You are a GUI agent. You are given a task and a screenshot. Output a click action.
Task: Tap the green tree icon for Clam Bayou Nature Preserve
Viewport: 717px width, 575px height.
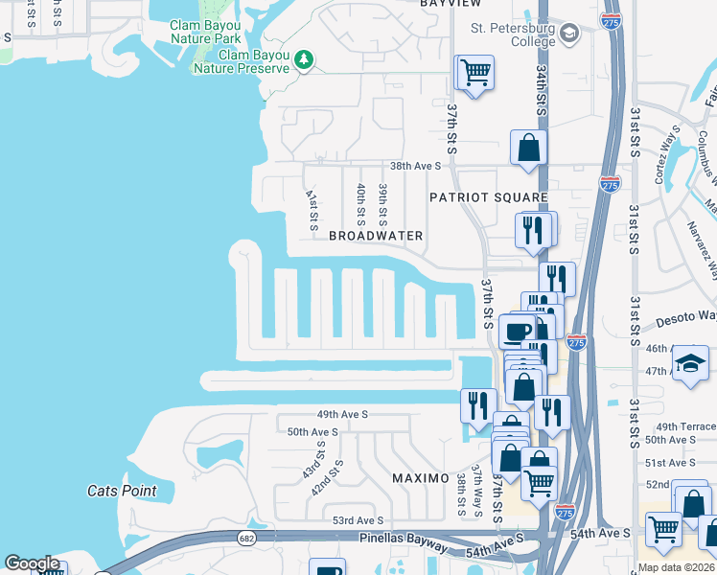(306, 61)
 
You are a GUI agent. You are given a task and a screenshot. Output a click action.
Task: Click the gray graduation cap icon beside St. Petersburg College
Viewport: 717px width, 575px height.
(569, 34)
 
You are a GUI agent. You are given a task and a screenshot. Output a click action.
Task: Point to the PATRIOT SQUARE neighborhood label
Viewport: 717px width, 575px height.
(479, 196)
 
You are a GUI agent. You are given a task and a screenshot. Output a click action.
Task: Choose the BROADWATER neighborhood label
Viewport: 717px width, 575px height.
(376, 235)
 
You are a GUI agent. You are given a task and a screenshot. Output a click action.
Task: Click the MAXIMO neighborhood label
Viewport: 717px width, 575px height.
(421, 477)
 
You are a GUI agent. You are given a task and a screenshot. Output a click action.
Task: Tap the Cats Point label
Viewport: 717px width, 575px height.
(122, 491)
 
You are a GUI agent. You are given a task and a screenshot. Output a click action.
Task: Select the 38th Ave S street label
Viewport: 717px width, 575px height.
(414, 166)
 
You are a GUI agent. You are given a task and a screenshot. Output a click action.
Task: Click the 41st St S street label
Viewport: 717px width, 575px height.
(312, 209)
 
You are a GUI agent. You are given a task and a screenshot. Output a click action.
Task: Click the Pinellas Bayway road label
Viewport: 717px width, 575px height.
(402, 544)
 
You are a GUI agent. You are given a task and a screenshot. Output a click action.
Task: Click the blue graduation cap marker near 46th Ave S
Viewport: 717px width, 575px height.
(690, 364)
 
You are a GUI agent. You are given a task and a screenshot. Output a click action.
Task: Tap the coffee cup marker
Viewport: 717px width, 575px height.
(518, 332)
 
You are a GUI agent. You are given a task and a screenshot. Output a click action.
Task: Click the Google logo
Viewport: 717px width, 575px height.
(32, 563)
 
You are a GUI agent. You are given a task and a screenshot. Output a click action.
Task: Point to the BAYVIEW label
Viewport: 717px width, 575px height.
(451, 4)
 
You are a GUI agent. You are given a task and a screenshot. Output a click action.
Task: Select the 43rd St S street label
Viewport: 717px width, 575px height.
(311, 462)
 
